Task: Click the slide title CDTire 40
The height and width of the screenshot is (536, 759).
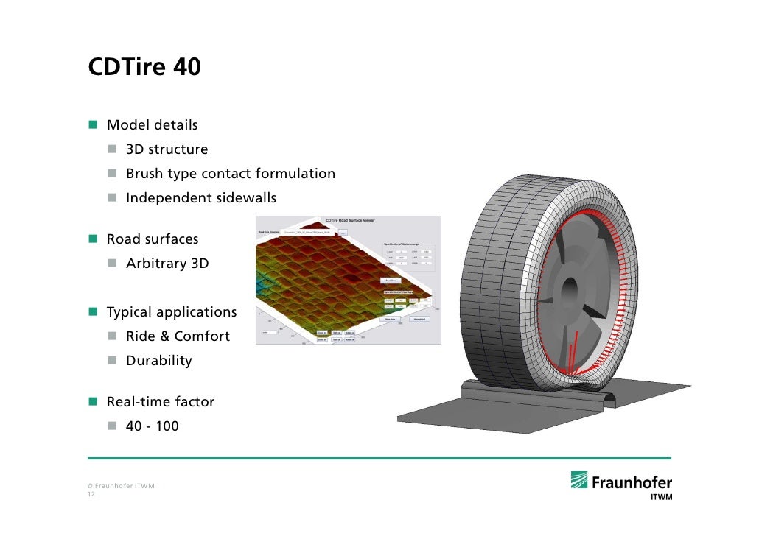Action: click(x=144, y=67)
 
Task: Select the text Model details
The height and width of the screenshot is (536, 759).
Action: click(x=152, y=125)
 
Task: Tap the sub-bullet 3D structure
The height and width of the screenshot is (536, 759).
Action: click(x=167, y=149)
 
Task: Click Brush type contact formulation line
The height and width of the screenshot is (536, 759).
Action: click(x=230, y=174)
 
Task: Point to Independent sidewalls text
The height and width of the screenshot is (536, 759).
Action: click(x=200, y=198)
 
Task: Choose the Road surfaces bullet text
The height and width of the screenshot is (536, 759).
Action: click(x=153, y=239)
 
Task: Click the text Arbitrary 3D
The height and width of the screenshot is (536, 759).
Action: click(x=167, y=264)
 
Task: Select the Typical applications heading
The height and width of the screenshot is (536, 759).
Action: click(x=172, y=312)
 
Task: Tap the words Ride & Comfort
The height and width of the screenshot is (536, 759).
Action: click(x=178, y=336)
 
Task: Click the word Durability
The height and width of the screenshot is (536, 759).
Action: click(x=158, y=361)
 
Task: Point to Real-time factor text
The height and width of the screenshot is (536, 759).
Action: click(x=161, y=402)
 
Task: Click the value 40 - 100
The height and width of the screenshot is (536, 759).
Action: click(x=152, y=426)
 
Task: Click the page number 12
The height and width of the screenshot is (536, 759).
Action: click(x=91, y=495)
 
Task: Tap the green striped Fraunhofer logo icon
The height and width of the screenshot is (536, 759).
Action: click(x=579, y=480)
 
